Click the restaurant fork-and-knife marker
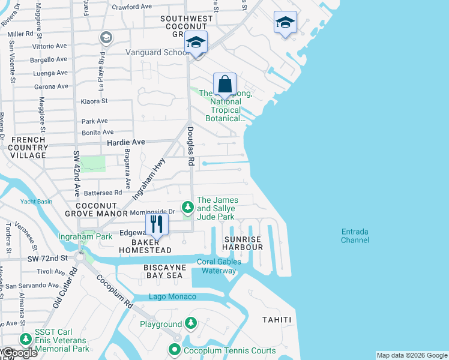click(x=157, y=224)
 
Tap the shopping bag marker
click(x=224, y=84)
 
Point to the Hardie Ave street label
click(x=126, y=142)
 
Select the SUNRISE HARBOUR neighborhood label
click(x=243, y=243)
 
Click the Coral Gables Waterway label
click(x=218, y=266)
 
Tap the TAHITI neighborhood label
click(x=277, y=320)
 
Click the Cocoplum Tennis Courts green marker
click(x=175, y=350)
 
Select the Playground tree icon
click(x=191, y=324)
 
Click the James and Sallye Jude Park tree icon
click(x=188, y=207)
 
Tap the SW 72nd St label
click(x=47, y=258)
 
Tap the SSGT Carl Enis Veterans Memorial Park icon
click(x=25, y=340)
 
